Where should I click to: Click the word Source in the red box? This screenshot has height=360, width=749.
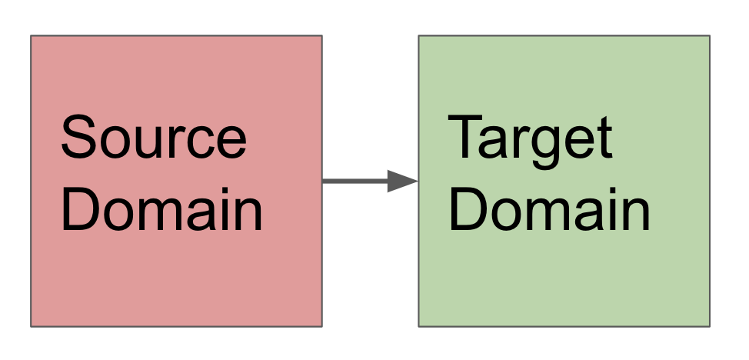(x=153, y=138)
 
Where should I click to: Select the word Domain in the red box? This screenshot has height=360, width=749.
(x=161, y=209)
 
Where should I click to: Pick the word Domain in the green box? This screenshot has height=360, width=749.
(x=549, y=209)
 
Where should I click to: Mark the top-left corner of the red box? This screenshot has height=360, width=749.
(x=31, y=35)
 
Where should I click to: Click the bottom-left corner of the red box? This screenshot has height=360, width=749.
(x=31, y=326)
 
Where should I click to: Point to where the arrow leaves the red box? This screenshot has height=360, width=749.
(x=322, y=182)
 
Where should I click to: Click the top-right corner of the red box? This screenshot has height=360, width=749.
(x=321, y=35)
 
